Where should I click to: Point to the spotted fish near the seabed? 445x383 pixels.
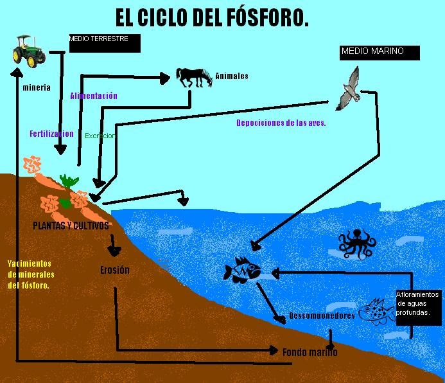click(378, 312)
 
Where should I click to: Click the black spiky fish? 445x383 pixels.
click(242, 269)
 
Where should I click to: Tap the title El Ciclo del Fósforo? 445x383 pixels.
click(212, 18)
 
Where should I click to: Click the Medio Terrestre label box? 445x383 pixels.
click(103, 43)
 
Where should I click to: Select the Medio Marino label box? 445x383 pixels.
click(380, 52)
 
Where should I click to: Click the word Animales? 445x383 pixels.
click(231, 76)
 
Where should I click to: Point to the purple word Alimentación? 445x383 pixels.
click(94, 96)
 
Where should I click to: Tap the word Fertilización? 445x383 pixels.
click(51, 134)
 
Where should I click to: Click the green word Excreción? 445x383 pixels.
click(100, 136)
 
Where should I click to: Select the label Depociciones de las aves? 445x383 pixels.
click(281, 123)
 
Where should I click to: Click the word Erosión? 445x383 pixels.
click(115, 270)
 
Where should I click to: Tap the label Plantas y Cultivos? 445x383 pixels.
click(71, 226)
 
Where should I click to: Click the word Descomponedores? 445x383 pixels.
click(322, 316)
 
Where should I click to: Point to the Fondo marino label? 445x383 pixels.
click(310, 352)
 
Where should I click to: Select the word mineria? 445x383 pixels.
click(36, 87)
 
